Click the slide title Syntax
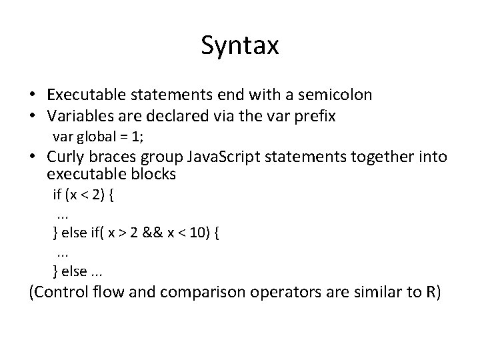point(239,46)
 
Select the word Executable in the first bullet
point(85,95)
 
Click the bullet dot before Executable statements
point(34,95)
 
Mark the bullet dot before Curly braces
point(34,158)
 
